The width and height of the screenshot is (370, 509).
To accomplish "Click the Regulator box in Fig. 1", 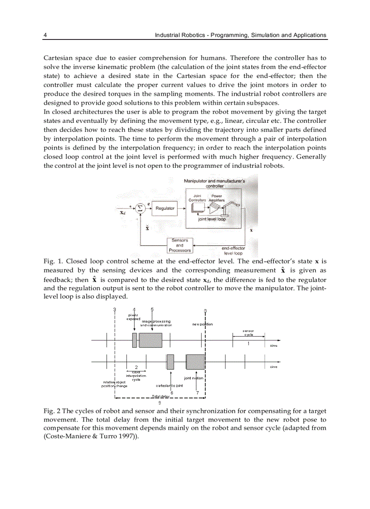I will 165,208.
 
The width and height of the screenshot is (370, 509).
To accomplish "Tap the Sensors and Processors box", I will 180,245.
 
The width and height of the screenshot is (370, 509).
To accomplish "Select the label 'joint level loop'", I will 212,219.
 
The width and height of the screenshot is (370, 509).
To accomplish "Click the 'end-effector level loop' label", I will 234,251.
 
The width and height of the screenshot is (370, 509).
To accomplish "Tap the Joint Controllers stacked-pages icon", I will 197,208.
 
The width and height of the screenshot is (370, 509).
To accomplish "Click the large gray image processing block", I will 151,340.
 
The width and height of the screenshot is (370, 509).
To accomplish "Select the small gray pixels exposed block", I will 134,340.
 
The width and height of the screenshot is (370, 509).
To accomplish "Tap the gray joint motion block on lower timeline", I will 195,362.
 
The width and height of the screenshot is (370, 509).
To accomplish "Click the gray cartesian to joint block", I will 170,362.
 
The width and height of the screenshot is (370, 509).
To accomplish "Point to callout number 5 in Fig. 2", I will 152,309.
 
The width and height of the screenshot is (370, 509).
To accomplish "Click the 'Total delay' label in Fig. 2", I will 161,396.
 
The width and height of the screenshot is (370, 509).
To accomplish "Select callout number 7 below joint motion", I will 197,393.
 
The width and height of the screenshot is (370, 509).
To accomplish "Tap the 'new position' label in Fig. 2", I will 202,324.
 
